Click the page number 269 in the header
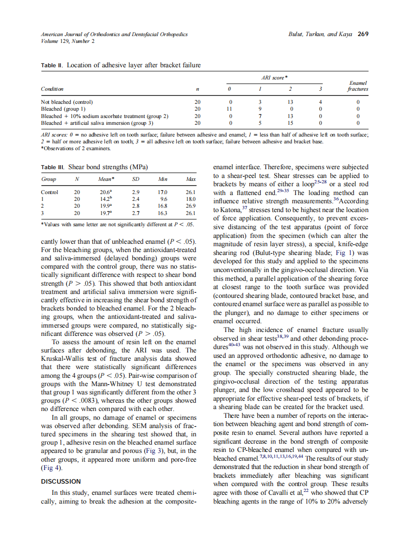pyautogui.click(x=363, y=34)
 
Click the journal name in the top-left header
pyautogui.click(x=114, y=34)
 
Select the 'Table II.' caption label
pyautogui.click(x=53, y=65)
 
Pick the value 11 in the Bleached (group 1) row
pyautogui.click(x=230, y=109)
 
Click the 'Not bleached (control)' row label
pyautogui.click(x=67, y=102)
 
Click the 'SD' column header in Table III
pyautogui.click(x=136, y=179)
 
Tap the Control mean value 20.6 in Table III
pyautogui.click(x=104, y=192)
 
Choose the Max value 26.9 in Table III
pyautogui.click(x=190, y=206)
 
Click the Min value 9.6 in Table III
pyautogui.click(x=164, y=199)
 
